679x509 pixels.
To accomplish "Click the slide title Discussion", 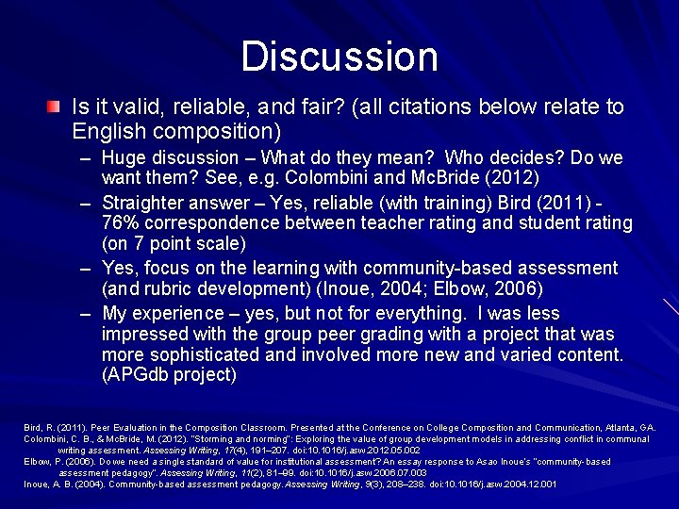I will [x=339, y=57].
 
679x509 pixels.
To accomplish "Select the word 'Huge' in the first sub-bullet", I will [x=124, y=157].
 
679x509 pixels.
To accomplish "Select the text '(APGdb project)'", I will [x=168, y=375].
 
